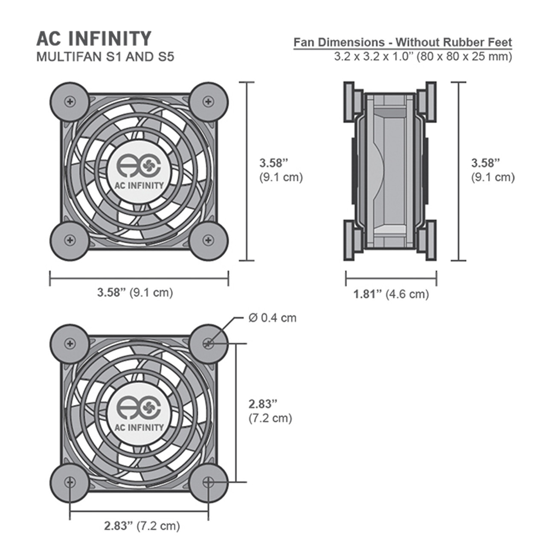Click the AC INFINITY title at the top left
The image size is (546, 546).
[x=94, y=38]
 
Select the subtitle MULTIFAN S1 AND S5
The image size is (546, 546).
[x=105, y=57]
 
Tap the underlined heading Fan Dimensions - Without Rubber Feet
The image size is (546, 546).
[x=403, y=42]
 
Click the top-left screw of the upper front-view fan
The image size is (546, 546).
[x=70, y=102]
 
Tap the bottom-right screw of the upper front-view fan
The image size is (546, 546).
[x=208, y=240]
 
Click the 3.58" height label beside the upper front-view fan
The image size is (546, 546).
[x=274, y=163]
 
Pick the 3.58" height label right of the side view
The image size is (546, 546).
[x=485, y=163]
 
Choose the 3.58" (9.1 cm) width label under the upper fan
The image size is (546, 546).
[x=135, y=293]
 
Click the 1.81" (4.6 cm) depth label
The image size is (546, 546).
[x=391, y=294]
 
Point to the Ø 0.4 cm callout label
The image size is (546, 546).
[x=272, y=318]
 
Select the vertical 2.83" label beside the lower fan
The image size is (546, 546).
[x=263, y=404]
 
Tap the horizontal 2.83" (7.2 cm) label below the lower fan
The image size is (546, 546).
[x=142, y=526]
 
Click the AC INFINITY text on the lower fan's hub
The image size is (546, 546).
[x=139, y=427]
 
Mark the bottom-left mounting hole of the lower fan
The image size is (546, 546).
[x=70, y=482]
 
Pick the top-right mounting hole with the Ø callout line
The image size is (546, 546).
[x=208, y=343]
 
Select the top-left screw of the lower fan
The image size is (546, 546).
[x=70, y=343]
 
